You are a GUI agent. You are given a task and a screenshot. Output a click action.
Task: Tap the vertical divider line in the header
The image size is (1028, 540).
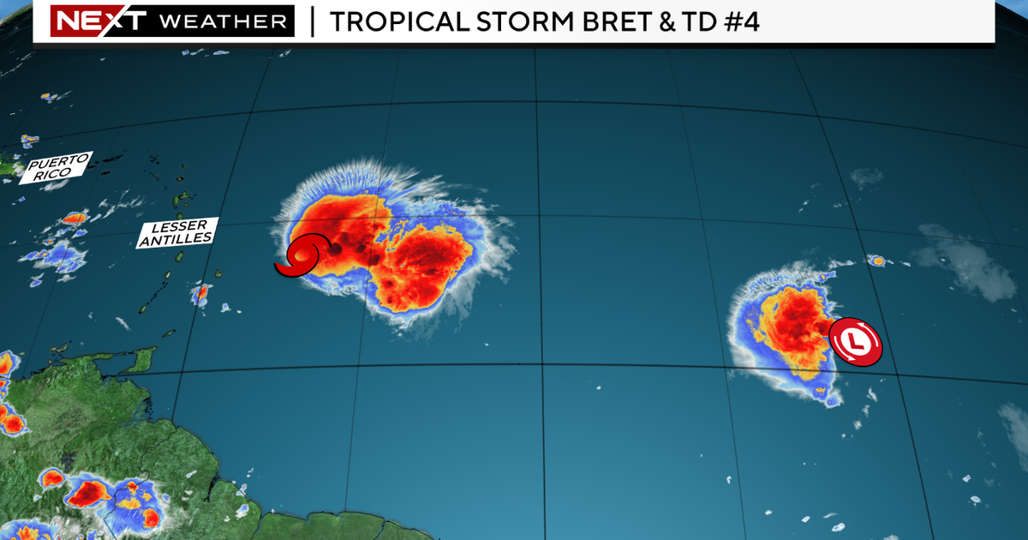point(311,21)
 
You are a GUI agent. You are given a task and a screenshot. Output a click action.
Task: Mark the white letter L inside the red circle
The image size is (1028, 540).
point(855,341)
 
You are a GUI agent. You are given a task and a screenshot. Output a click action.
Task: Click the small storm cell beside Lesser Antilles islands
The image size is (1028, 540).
point(202,293)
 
